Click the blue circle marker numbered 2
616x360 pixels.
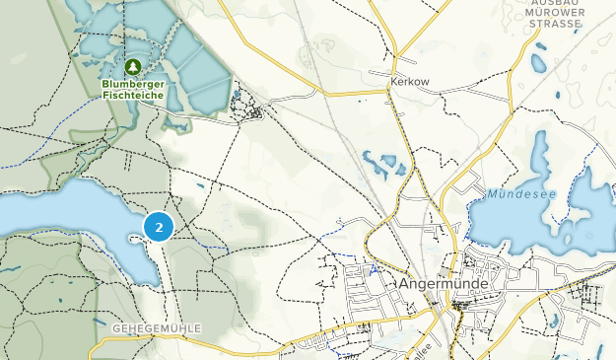pyautogui.click(x=158, y=227)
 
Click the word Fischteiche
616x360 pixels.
pyautogui.click(x=134, y=96)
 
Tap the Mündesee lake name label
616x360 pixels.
pyautogui.click(x=520, y=194)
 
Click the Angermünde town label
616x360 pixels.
pyautogui.click(x=444, y=283)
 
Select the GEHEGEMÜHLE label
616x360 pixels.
pyautogui.click(x=157, y=327)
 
